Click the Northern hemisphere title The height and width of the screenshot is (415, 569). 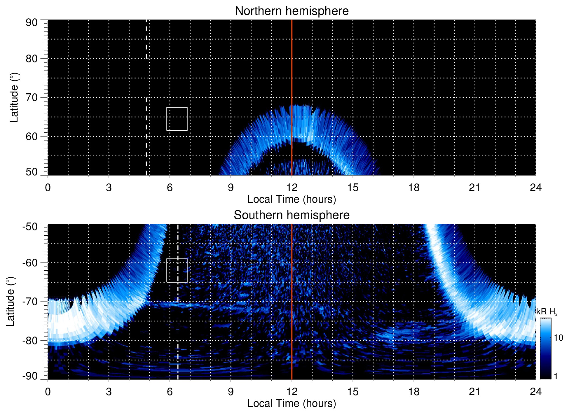coord(292,11)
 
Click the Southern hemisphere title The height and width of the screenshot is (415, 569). coord(292,215)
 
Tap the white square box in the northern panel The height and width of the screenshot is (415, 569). coord(177,119)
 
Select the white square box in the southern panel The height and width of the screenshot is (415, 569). coord(177,270)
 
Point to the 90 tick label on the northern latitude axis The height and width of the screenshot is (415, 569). coord(32,23)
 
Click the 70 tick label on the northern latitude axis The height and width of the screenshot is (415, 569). coord(32,97)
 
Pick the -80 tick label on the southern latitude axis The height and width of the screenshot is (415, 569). coord(30,340)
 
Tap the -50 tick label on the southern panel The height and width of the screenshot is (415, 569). coord(30,227)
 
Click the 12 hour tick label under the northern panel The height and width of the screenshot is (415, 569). coord(292,188)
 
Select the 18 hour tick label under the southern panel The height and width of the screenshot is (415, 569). coord(413,392)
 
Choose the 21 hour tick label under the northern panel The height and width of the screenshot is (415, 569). coord(474,188)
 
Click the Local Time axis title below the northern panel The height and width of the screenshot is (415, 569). coord(292,199)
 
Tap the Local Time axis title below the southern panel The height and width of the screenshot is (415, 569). coord(292,403)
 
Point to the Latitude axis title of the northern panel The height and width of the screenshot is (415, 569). coord(14,97)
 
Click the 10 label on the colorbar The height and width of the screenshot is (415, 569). coord(558,338)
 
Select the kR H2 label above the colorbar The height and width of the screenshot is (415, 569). coord(547,312)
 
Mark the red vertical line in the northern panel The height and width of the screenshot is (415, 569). coord(292,73)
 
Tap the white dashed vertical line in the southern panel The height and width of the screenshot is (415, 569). coord(178,335)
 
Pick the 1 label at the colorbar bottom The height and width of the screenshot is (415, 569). coord(556,376)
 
